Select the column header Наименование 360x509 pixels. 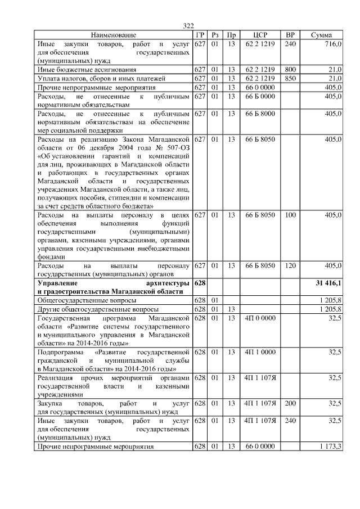113,35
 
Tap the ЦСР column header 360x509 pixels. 260,35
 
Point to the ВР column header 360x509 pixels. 290,35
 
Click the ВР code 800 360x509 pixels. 290,69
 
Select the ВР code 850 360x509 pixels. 290,78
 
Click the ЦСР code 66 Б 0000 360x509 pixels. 260,97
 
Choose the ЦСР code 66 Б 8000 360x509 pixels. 260,114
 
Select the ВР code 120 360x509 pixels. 290,265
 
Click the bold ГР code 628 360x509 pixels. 200,283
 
